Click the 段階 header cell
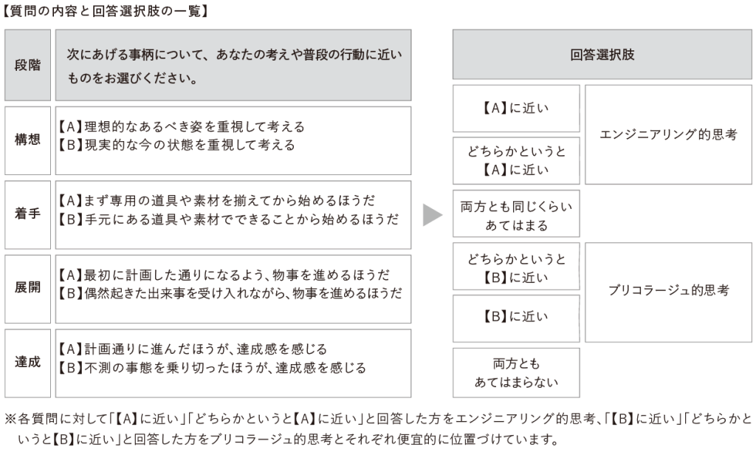coord(27,65)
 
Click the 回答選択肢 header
coord(602,55)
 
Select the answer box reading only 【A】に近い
coord(516,108)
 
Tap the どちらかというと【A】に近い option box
coord(516,161)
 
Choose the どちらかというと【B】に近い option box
coord(516,268)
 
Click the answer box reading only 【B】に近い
coord(516,317)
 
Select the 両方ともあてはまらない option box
coord(516,373)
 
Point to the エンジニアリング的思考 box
coord(668,134)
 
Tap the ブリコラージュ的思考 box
coord(668,291)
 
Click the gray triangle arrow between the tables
coord(431,214)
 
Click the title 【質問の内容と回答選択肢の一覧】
coord(103,11)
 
